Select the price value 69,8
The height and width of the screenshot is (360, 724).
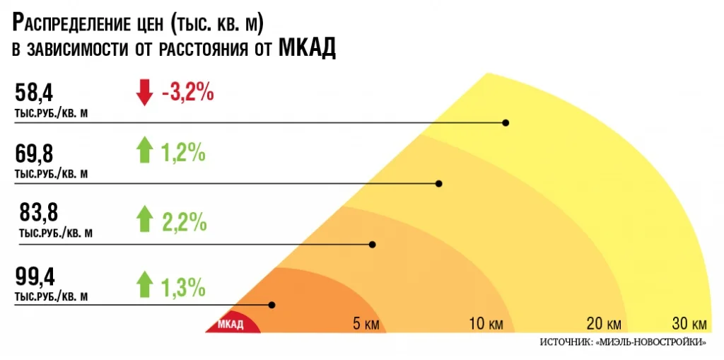coord(34,153)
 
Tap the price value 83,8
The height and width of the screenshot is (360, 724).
coord(39,212)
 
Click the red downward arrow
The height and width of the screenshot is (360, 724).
coord(144,93)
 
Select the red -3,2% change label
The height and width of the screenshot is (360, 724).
coord(188,93)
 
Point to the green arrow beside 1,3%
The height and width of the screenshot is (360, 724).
coord(144,284)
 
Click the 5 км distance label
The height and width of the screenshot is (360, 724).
coord(367,325)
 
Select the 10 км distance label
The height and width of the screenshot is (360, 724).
coord(486,325)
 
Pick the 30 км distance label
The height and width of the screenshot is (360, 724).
coord(689,325)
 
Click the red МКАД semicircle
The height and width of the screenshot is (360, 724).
coord(233,324)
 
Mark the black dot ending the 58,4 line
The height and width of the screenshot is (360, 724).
coord(506,122)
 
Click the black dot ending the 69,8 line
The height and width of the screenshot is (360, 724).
coord(438,183)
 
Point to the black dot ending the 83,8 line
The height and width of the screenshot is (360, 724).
coord(373,244)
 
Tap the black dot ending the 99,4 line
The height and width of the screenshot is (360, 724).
coord(271,305)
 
